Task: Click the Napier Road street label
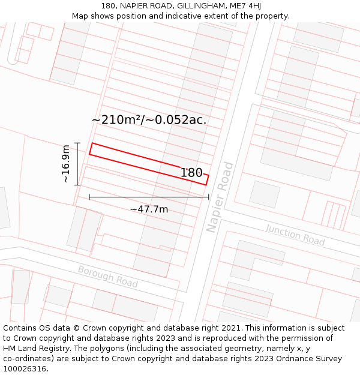[x=219, y=197]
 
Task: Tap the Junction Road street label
[x=295, y=235]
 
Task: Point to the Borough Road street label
[x=107, y=277]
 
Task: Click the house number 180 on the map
[x=191, y=173]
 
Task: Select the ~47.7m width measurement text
[x=149, y=209]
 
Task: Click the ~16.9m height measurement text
[x=66, y=164]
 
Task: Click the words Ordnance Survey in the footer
[x=311, y=359]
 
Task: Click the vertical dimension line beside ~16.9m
[x=77, y=164]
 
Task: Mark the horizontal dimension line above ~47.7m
[x=149, y=197]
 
